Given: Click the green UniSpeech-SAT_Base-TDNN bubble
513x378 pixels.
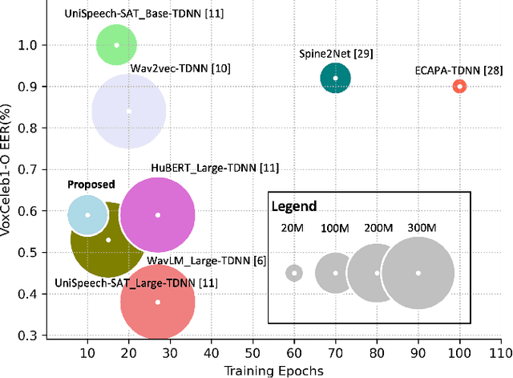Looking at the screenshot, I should pos(117,45).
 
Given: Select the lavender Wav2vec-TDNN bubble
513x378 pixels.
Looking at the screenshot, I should pos(129,111).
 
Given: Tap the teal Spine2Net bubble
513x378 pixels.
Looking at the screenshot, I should pos(336,78).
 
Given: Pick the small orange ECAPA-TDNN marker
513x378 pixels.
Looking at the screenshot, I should pos(459,86).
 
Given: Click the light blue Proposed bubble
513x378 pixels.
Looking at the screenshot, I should pos(88,214).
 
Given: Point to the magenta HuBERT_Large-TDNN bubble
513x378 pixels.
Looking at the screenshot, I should pos(158,215).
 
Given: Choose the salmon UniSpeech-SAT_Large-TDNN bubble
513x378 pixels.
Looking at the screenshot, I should pos(158,302).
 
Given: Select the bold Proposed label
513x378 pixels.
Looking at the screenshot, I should pos(91,185).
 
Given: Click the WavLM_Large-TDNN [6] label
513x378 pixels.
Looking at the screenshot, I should pos(207,260).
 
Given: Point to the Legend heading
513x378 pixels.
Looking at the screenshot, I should pos(294,206).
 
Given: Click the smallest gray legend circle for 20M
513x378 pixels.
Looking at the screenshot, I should pos(295,273).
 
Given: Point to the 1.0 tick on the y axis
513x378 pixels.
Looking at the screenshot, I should pos(27,45).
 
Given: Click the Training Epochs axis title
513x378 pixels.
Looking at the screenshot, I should pos(274,370).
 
